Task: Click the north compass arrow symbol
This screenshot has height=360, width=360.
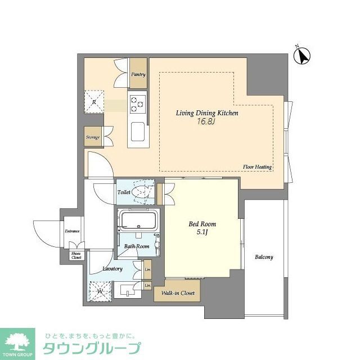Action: [304, 55]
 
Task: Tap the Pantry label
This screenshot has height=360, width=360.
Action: [138, 74]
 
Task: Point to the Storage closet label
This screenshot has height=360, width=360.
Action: [93, 137]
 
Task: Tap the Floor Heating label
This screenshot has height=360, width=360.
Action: [258, 167]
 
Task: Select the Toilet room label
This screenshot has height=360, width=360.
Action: [124, 192]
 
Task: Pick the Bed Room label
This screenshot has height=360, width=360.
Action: [202, 224]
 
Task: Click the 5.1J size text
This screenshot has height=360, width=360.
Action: [202, 233]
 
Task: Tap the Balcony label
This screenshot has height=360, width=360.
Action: [263, 257]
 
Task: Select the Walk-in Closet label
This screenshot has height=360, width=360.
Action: [178, 293]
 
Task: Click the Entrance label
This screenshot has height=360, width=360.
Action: [72, 231]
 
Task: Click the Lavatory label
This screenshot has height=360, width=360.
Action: [112, 269]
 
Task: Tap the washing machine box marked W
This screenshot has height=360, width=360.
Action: [100, 291]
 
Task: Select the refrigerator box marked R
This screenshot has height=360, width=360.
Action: [94, 102]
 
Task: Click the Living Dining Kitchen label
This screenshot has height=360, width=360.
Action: [208, 113]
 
